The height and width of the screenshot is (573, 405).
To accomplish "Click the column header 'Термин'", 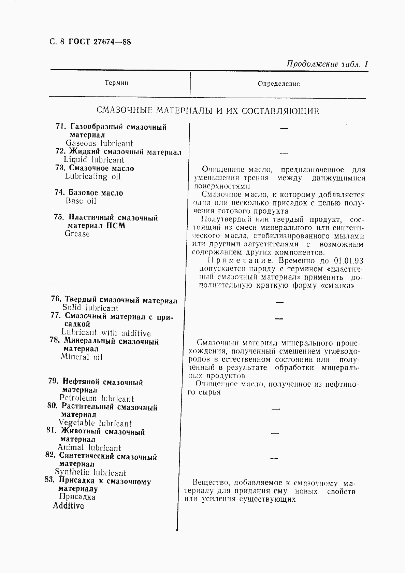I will click(116, 83).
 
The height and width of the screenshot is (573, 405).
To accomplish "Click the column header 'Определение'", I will click(278, 84).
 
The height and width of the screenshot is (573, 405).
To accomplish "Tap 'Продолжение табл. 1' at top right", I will click(327, 64).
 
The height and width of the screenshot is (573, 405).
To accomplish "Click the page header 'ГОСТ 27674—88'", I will click(99, 42).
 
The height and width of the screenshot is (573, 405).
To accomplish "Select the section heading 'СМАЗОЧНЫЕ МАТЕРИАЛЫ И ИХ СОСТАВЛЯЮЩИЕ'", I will click(207, 111).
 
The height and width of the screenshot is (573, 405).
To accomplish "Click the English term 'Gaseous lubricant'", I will click(99, 143).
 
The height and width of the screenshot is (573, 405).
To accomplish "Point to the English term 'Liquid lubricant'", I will click(94, 160).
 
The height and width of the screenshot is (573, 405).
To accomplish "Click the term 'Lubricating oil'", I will click(93, 176).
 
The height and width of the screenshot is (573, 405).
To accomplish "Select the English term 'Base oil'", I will click(81, 201).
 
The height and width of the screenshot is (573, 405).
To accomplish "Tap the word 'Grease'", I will click(77, 234).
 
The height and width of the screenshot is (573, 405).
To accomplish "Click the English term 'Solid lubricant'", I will click(90, 308).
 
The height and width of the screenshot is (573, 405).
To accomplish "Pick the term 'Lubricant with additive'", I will click(106, 333).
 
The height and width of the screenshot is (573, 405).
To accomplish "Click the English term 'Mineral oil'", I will click(82, 357).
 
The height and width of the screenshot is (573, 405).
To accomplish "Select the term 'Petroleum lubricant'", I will click(96, 398).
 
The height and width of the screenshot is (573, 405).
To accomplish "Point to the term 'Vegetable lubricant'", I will click(95, 423).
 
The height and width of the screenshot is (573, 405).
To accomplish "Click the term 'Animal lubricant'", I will click(89, 448).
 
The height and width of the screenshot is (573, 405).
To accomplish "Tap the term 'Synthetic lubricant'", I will click(90, 472).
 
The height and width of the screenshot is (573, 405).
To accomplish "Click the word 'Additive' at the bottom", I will click(68, 506).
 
